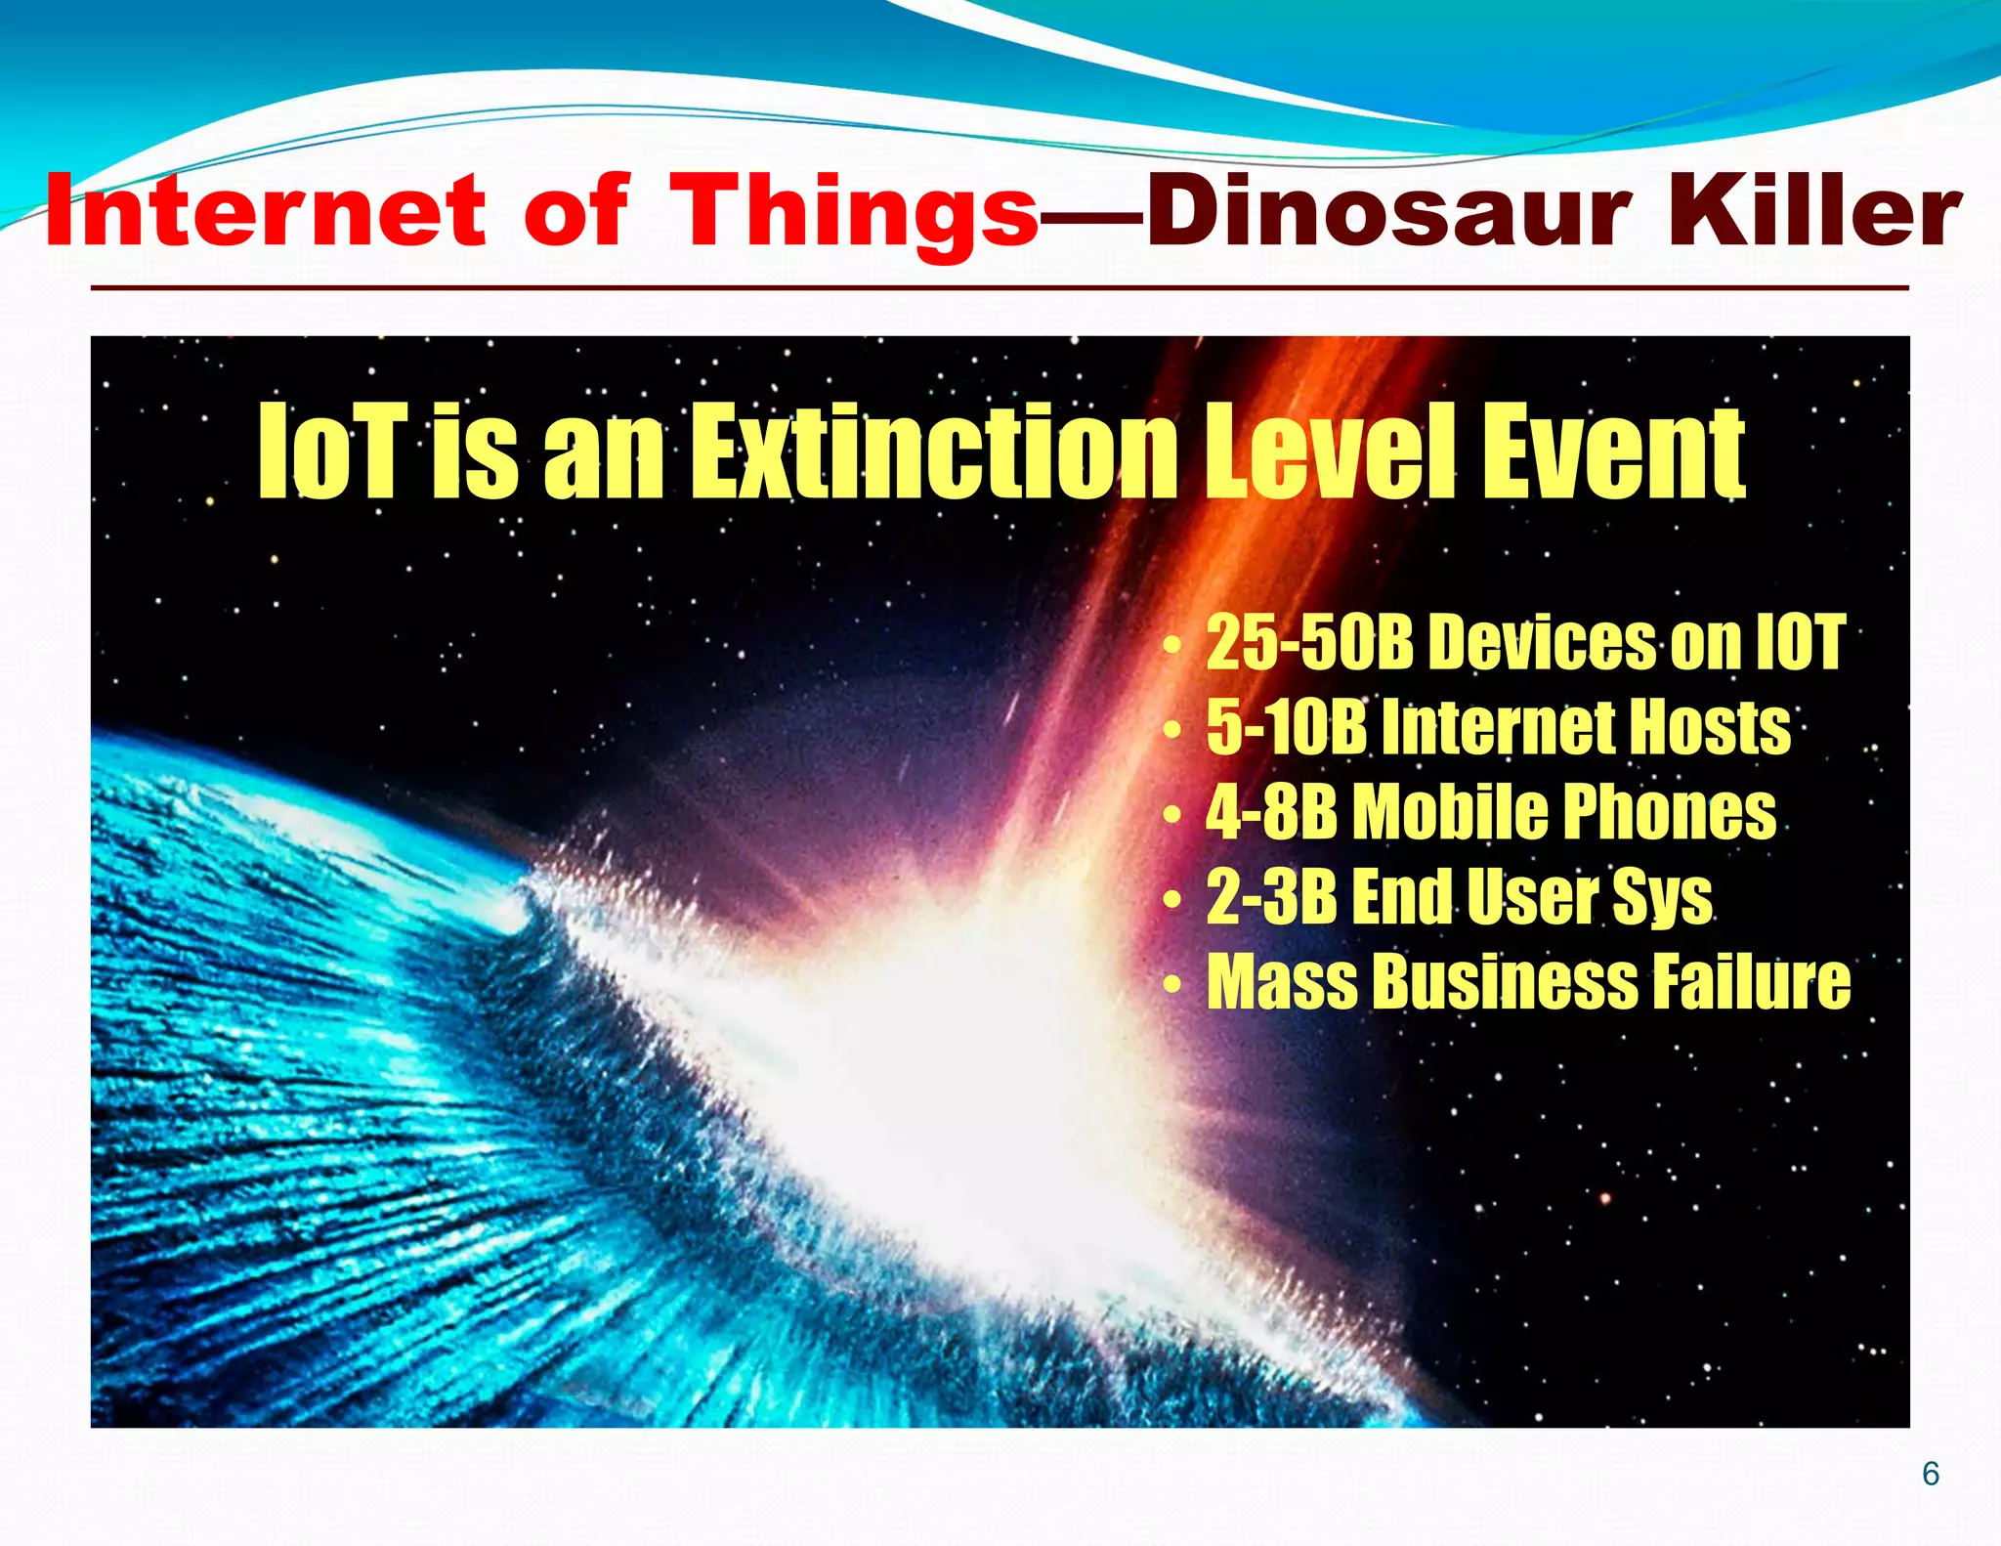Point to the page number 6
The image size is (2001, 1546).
(x=1931, y=1474)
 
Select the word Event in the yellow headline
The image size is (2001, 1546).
(x=1612, y=451)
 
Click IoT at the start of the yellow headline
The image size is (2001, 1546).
(x=331, y=451)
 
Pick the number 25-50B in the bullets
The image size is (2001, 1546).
(x=1309, y=643)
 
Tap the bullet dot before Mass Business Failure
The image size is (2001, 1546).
(x=1171, y=985)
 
